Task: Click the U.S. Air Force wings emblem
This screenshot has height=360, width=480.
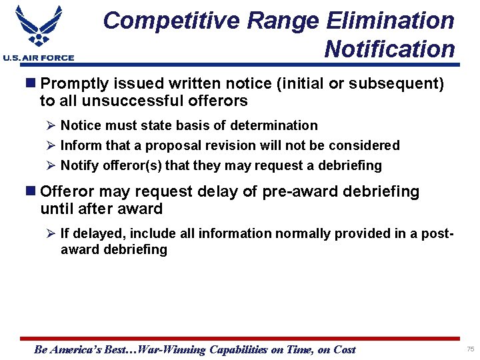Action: pos(38,27)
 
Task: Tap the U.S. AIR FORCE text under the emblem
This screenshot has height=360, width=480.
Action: pos(39,58)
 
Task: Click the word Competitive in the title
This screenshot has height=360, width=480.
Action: pos(171,21)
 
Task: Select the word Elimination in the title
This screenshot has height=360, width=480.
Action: pos(390,21)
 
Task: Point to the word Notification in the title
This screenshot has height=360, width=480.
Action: pos(389,49)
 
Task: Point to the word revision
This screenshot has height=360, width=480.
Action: pos(241,145)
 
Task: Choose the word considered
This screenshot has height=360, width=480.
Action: pos(365,145)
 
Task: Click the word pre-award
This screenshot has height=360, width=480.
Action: pos(300,192)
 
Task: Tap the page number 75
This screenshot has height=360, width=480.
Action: pos(470,349)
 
